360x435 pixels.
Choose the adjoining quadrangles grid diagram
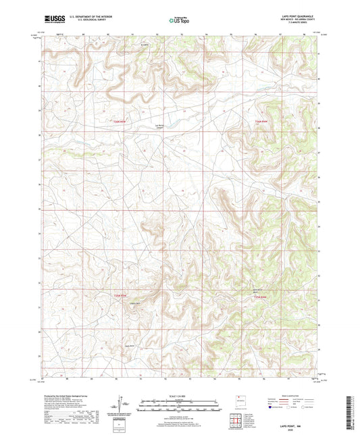tap(236, 419)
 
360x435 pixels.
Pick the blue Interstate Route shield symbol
tap(272, 408)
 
